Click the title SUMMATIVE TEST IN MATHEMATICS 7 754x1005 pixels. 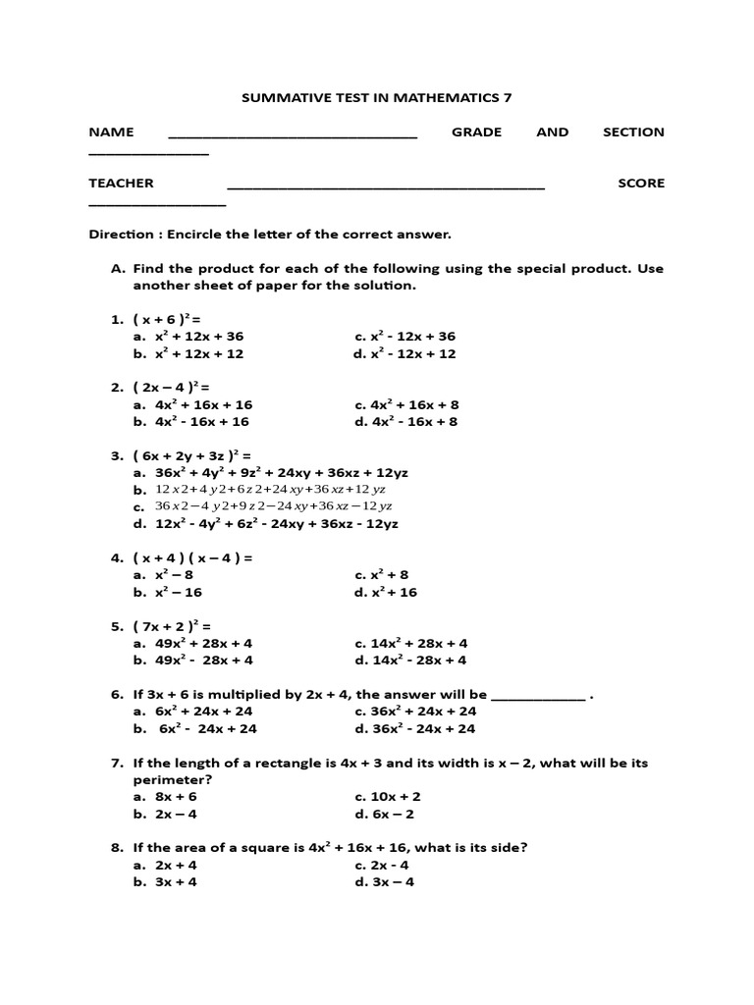coord(377,98)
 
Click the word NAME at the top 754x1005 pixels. coord(111,132)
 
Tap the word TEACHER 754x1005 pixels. coord(121,183)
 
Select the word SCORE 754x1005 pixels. coord(641,183)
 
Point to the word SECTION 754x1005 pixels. coord(633,132)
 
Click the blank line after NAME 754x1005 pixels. coord(293,136)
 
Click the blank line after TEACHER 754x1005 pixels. coord(385,187)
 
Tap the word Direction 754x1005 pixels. coord(122,235)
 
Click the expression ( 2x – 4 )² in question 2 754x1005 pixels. coord(172,387)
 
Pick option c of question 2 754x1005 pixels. coord(406,404)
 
